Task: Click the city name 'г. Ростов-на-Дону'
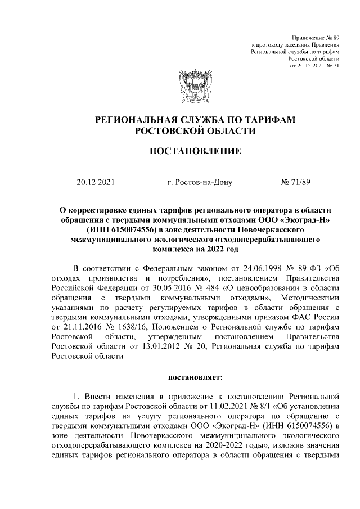(x=195, y=182)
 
